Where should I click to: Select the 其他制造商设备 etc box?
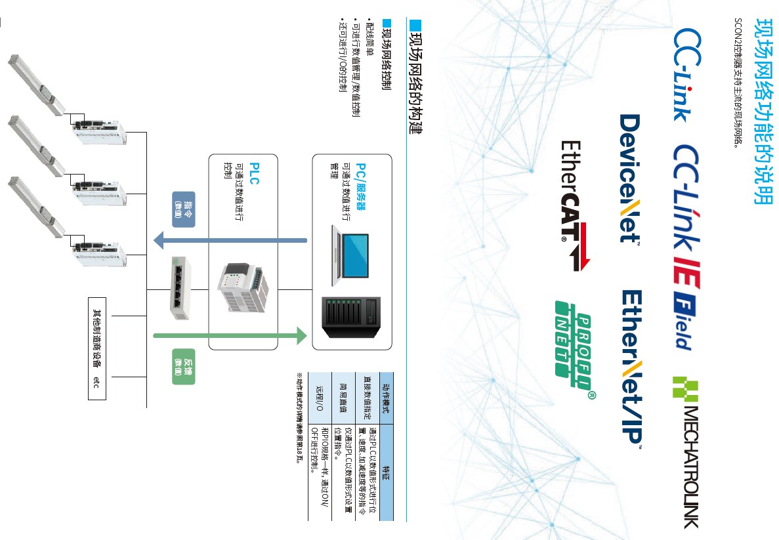pyautogui.click(x=96, y=347)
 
